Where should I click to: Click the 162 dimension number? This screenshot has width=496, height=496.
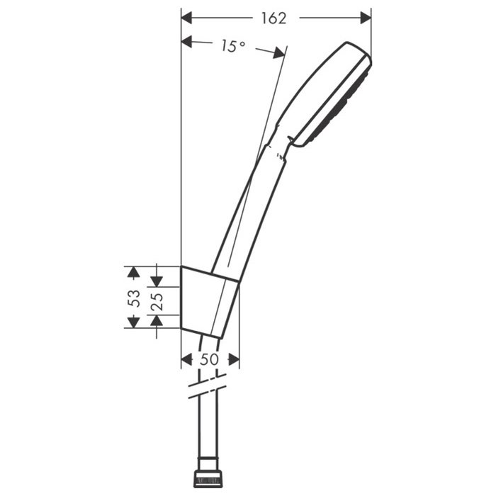274,18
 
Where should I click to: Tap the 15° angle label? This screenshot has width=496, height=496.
233,46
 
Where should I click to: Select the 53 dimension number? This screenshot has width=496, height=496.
134,298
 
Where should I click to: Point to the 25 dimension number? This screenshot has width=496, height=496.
157,301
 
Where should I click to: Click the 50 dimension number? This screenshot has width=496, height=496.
210,359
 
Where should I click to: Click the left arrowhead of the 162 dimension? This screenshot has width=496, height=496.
186,18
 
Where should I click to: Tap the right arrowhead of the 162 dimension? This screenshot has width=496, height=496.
366,18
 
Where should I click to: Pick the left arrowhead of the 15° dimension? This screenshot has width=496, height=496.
186,41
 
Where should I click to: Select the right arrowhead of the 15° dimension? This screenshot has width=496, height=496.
279,53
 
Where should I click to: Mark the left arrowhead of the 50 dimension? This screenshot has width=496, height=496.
186,359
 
